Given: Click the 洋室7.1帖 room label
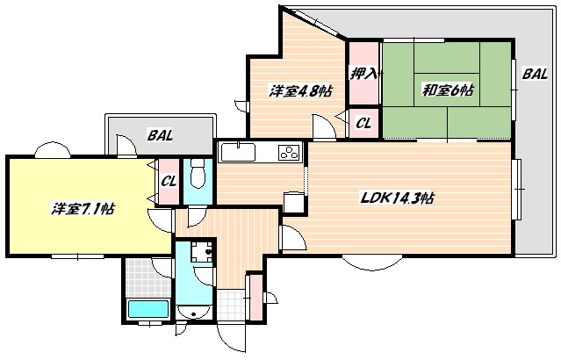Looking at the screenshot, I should click(83, 208).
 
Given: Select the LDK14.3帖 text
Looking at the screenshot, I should click(398, 198).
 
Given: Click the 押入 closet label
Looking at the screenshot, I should click(363, 75).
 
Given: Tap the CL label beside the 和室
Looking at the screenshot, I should click(363, 124).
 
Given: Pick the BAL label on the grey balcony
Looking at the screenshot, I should click(160, 136).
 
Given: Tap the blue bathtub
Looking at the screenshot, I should click(147, 309).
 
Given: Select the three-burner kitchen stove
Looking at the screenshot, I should click(287, 153).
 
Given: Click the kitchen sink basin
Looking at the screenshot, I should click(237, 153).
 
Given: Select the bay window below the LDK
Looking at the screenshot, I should click(368, 261).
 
